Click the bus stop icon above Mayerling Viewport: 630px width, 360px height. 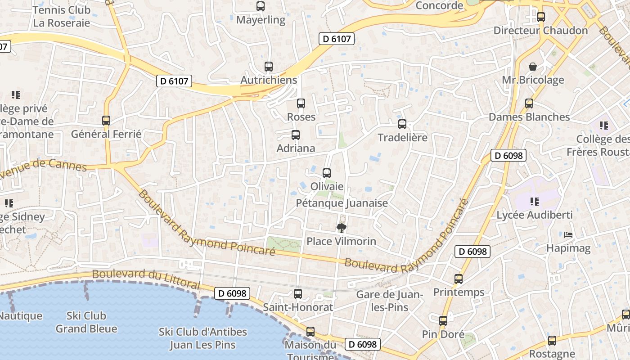(x=261, y=6)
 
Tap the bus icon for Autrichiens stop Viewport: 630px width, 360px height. (x=269, y=67)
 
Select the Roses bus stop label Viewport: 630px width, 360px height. (x=301, y=117)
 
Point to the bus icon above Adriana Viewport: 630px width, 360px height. (x=296, y=135)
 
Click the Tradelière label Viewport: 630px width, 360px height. (x=402, y=138)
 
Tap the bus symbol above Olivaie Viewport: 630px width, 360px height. (x=327, y=173)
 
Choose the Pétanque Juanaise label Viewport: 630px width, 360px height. (x=342, y=203)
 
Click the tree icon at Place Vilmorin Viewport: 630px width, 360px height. (x=342, y=228)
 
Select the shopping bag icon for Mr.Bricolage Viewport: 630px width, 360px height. (x=533, y=67)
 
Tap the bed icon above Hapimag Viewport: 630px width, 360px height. (x=568, y=235)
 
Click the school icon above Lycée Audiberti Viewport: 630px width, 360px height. (x=534, y=201)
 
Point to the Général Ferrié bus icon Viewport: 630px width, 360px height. (x=106, y=121)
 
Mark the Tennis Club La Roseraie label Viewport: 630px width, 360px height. (x=62, y=16)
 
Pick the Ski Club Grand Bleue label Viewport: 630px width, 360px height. (x=86, y=322)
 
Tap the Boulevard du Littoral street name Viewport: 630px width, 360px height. (x=146, y=279)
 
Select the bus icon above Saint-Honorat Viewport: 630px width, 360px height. (x=298, y=294)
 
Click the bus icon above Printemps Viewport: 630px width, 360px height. (x=459, y=279)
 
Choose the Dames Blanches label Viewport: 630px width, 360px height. (x=529, y=117)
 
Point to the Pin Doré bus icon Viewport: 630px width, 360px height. (x=443, y=321)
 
